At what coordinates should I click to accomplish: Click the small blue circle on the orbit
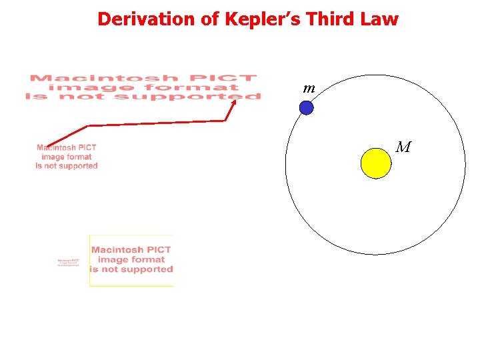pos(306,107)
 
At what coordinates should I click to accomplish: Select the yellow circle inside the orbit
pos(375,163)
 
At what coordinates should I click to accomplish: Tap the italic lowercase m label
pos(309,88)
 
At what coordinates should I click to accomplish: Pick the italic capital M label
pos(403,147)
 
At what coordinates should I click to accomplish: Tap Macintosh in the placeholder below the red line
pos(58,147)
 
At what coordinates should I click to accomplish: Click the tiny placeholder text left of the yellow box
pos(68,262)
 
